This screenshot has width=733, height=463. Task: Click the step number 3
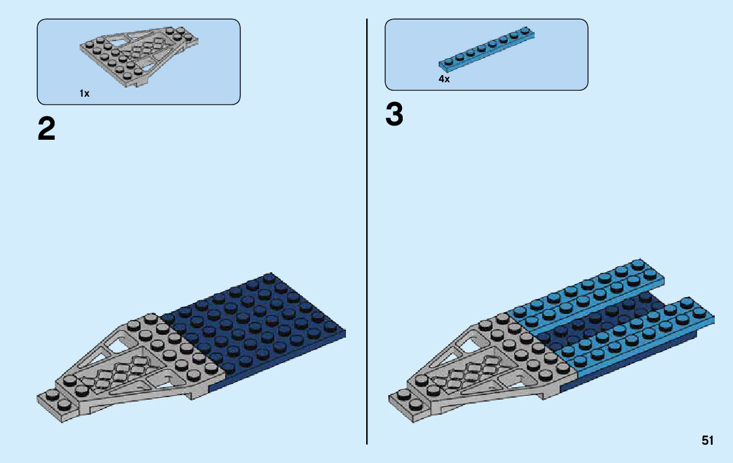pos(394,116)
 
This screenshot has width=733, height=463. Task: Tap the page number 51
pos(708,441)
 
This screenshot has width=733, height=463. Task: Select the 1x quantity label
pos(84,93)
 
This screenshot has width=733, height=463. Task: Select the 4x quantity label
pos(444,79)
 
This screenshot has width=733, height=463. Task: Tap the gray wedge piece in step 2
pos(137,366)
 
